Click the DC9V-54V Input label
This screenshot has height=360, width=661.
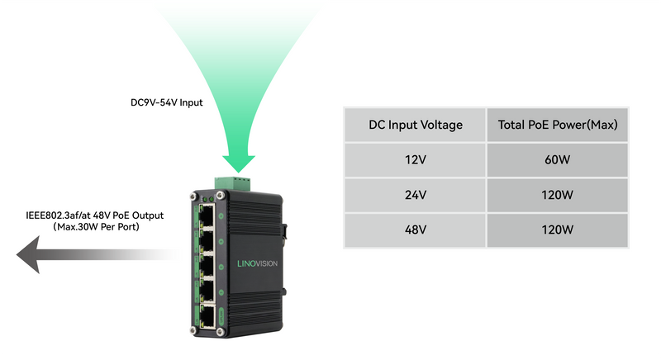tap(166, 103)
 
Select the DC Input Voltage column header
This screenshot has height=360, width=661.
tap(415, 126)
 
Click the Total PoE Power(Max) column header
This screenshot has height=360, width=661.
tap(558, 126)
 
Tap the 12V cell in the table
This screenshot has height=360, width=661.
tap(415, 161)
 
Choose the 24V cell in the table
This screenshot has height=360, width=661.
tap(415, 196)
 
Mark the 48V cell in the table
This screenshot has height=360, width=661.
tap(415, 230)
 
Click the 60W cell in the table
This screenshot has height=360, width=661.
tap(558, 161)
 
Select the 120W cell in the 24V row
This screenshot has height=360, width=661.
tap(558, 196)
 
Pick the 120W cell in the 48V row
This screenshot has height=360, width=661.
tap(558, 230)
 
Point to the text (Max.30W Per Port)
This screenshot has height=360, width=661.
tap(95, 226)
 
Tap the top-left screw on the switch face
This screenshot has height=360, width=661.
tap(194, 197)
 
